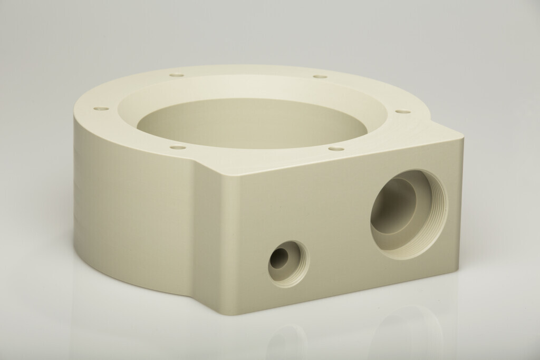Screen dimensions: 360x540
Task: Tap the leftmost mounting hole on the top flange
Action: pos(101,109)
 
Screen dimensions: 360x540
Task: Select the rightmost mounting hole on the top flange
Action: pos(402,111)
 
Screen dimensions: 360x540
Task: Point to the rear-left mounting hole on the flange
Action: pos(177,75)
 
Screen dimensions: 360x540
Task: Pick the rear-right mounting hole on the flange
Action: pos(320,76)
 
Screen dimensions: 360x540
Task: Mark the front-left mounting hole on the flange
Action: pos(178,147)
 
